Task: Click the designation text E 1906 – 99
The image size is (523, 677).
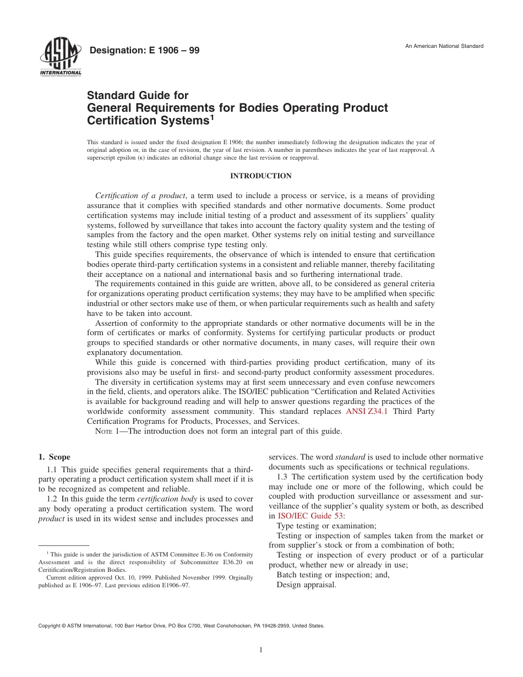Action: [x=144, y=51]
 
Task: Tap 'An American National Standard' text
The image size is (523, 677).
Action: [x=444, y=46]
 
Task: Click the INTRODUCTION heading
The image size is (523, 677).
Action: [x=260, y=176]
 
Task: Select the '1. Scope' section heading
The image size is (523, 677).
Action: [x=54, y=457]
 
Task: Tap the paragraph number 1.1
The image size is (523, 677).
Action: [x=52, y=469]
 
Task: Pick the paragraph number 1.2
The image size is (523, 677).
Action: [x=52, y=499]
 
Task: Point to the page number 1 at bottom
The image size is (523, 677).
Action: [x=261, y=650]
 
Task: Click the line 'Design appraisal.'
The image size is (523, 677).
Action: [x=306, y=585]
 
